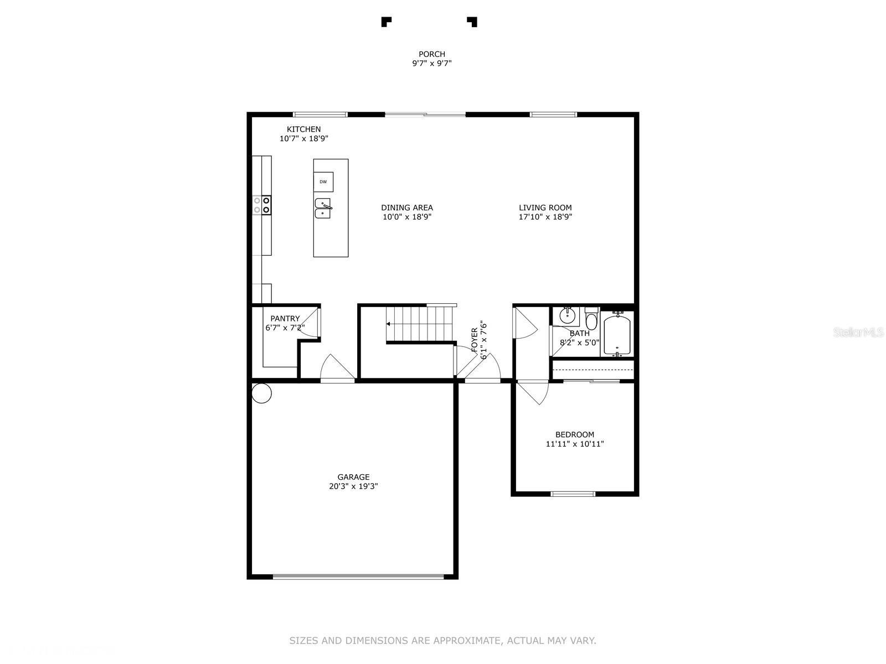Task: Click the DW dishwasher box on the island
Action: point(323,182)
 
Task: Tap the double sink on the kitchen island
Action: point(323,208)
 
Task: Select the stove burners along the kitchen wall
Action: point(261,205)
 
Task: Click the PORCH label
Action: point(431,54)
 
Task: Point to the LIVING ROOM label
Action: point(545,207)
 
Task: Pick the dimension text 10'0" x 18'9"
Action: point(407,217)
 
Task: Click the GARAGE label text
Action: point(353,477)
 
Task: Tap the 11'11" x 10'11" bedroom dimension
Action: point(575,444)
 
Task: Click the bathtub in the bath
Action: point(617,334)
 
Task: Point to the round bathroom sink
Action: point(569,315)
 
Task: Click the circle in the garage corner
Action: point(261,393)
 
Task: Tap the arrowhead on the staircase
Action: point(388,324)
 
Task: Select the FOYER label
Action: point(474,340)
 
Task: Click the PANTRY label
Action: point(285,319)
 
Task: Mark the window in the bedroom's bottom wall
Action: point(573,494)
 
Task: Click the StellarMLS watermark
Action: point(858,332)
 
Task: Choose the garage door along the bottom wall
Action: point(358,577)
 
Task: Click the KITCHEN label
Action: point(303,129)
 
